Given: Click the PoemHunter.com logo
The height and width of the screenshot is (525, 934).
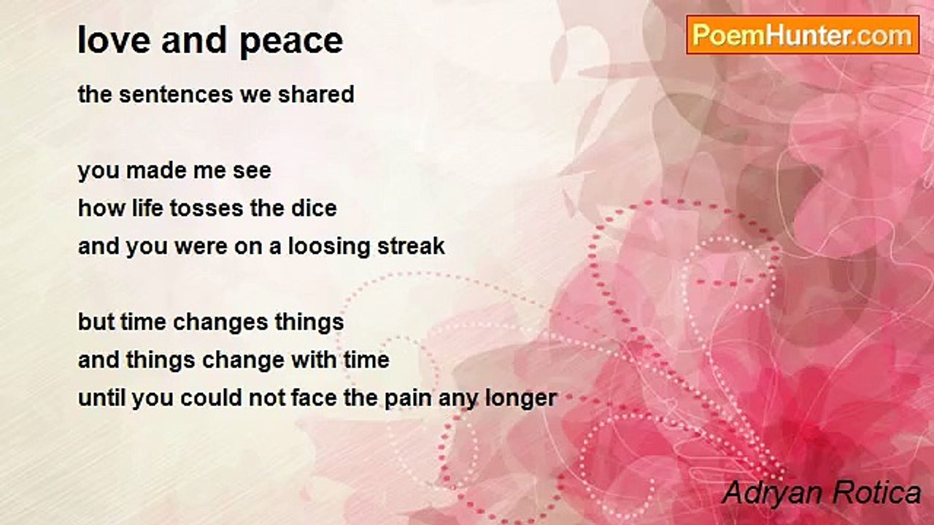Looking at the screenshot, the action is click(x=803, y=35).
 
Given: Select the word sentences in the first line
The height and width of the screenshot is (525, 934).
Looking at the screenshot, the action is click(x=176, y=94).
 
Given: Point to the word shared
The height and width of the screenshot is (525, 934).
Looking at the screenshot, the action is click(x=316, y=94).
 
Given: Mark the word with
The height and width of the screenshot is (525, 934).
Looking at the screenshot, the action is click(x=314, y=359).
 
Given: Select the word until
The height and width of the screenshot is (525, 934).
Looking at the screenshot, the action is click(x=101, y=397).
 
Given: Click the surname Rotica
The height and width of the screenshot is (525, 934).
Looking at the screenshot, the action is click(x=876, y=493).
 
